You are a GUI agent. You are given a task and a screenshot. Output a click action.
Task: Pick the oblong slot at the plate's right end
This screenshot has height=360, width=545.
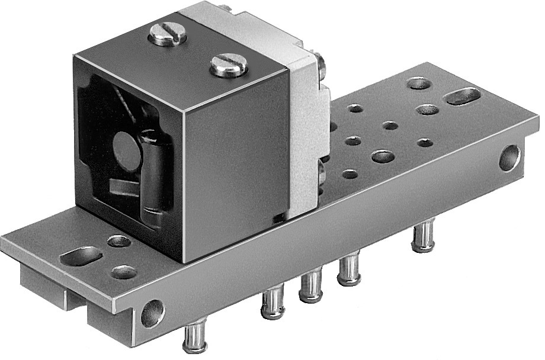click(463, 96)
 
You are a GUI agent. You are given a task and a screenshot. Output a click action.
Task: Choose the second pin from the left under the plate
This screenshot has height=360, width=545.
click(273, 303)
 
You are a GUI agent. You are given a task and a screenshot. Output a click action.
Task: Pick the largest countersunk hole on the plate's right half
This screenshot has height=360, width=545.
click(383, 157)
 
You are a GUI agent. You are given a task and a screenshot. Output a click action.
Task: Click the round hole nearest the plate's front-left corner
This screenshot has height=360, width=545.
click(123, 272)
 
